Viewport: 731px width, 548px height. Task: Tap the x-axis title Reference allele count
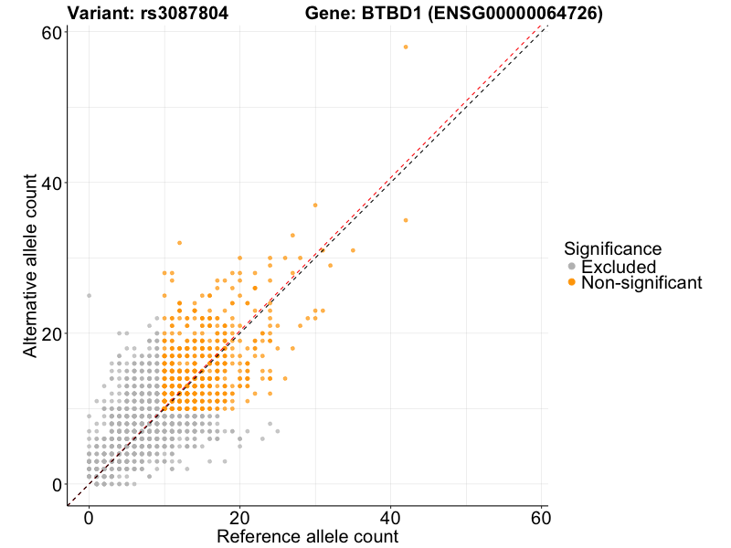pyautogui.click(x=308, y=536)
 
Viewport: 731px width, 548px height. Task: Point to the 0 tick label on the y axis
pyautogui.click(x=56, y=484)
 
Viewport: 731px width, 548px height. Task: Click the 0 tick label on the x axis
pyautogui.click(x=89, y=517)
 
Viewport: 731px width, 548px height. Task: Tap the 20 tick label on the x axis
pyautogui.click(x=239, y=517)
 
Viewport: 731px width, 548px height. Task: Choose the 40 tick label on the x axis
pyautogui.click(x=391, y=517)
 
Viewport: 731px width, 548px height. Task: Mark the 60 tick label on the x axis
pyautogui.click(x=541, y=517)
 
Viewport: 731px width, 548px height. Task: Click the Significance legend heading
pyautogui.click(x=612, y=248)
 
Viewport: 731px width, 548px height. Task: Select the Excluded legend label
pyautogui.click(x=619, y=267)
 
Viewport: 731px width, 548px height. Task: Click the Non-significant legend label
pyautogui.click(x=641, y=283)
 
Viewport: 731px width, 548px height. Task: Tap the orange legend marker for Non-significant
pyautogui.click(x=572, y=283)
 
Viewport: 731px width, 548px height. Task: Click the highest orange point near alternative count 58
pyautogui.click(x=406, y=47)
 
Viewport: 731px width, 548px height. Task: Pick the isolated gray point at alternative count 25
pyautogui.click(x=89, y=296)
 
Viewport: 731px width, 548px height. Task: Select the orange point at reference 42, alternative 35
pyautogui.click(x=406, y=220)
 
